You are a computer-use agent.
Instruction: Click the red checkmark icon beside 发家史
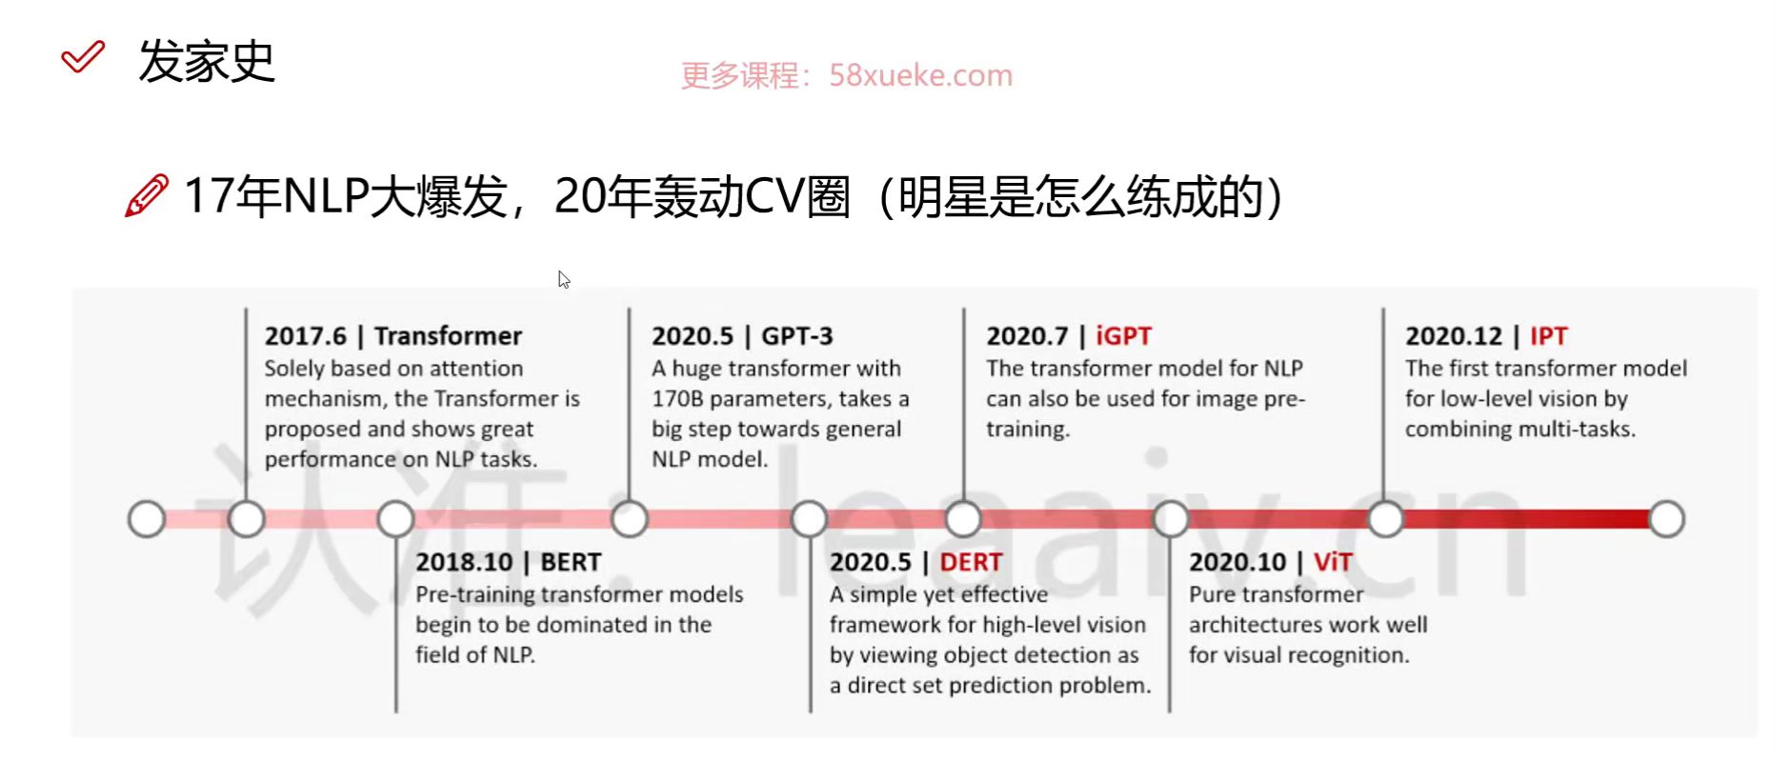[83, 57]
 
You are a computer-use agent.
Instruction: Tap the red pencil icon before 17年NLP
[147, 195]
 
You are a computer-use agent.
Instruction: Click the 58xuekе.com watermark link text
[920, 75]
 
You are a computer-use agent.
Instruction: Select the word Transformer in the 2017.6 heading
[448, 336]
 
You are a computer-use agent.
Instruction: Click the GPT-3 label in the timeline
[796, 336]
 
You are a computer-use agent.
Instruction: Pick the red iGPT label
[1123, 336]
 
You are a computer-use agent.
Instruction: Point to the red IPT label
[1548, 336]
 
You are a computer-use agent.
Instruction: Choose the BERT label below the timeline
[571, 562]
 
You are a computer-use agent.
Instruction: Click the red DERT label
[971, 562]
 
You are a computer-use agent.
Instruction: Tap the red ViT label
[1333, 562]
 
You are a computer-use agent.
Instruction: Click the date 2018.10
[464, 562]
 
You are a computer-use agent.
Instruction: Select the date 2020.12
[1454, 336]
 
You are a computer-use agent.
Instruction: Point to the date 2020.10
[1237, 562]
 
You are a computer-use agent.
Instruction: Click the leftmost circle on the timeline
[147, 519]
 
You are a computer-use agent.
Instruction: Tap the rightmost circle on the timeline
[1666, 519]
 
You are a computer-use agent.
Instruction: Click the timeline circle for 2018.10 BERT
[395, 519]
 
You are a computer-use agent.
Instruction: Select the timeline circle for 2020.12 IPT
[1385, 519]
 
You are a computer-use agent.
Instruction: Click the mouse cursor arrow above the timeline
[564, 280]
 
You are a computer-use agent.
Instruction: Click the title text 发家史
[207, 62]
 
